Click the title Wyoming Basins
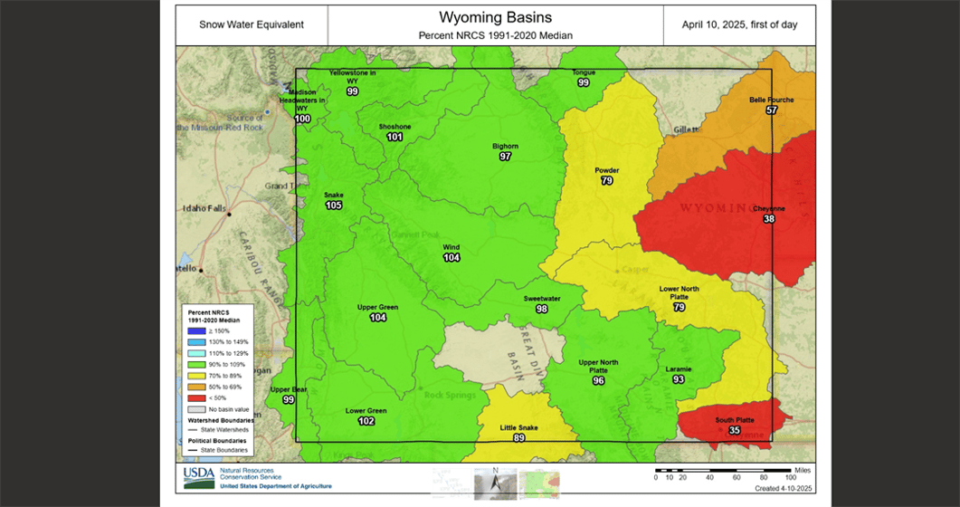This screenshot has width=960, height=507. point(495,17)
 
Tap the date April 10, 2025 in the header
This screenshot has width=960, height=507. point(739,24)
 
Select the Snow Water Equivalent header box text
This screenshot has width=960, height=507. point(252,24)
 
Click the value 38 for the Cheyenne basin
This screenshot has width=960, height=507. point(769,219)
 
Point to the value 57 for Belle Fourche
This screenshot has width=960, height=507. point(771,110)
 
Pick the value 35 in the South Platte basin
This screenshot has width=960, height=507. point(734,431)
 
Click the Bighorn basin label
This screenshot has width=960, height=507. point(505,146)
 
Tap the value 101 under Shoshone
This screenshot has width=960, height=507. point(394,138)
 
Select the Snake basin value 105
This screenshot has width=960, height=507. point(334,206)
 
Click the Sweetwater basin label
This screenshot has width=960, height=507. point(541,299)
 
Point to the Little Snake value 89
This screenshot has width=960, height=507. point(518,438)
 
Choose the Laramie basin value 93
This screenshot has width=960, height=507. point(679,379)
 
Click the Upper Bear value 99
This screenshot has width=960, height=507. point(289,400)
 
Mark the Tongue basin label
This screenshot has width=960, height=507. point(584,72)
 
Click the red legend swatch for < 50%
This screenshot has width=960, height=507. point(194,397)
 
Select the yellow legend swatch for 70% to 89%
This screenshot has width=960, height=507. point(194,375)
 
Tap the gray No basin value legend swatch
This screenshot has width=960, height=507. point(194,409)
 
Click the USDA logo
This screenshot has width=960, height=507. point(199,477)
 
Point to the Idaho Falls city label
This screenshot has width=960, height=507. point(204,209)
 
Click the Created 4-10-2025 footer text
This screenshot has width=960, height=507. point(784,488)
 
